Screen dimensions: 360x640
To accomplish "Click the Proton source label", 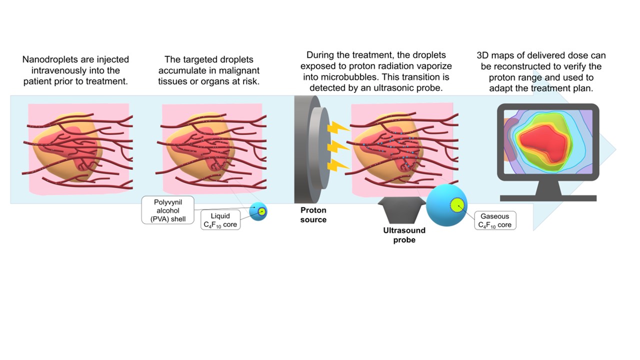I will point(313,215).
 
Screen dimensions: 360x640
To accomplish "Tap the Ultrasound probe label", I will point(404,235).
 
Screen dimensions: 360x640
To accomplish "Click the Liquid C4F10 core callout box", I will point(220,220).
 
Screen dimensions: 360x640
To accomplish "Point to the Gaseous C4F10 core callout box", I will point(494,220).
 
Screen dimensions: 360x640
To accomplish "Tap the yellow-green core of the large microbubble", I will point(457,205).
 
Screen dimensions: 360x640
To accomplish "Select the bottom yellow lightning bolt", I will point(336,165).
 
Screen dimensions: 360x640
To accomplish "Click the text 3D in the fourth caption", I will point(483,55).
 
